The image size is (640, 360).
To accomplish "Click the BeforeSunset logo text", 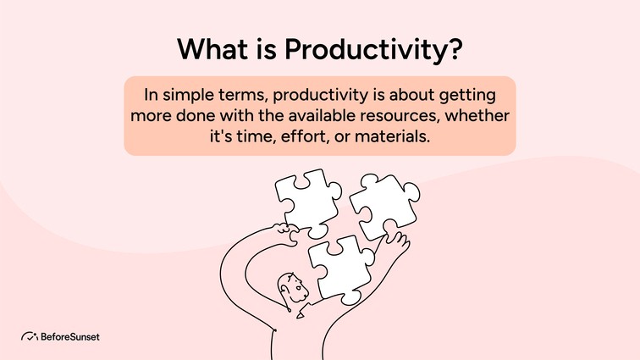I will point(69,336).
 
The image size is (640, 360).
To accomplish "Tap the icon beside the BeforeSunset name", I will point(28,336).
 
